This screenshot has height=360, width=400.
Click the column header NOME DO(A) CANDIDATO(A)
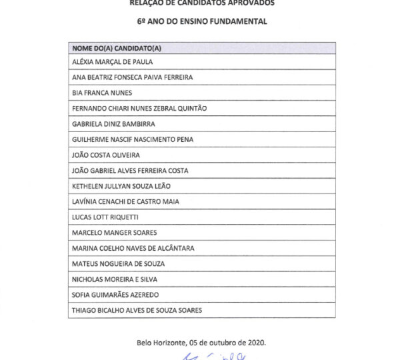click(117, 49)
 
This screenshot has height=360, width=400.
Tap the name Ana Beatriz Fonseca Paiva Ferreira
click(132, 77)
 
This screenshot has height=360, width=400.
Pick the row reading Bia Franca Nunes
click(102, 93)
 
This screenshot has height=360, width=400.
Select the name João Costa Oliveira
click(105, 155)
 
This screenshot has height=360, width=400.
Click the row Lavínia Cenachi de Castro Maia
click(125, 201)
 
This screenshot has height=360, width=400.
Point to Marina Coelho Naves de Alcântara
click(133, 248)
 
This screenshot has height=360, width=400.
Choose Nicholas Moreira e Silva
click(111, 279)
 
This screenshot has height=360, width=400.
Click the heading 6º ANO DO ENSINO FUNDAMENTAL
click(202, 21)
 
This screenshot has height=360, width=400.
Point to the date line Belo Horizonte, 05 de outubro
click(201, 342)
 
